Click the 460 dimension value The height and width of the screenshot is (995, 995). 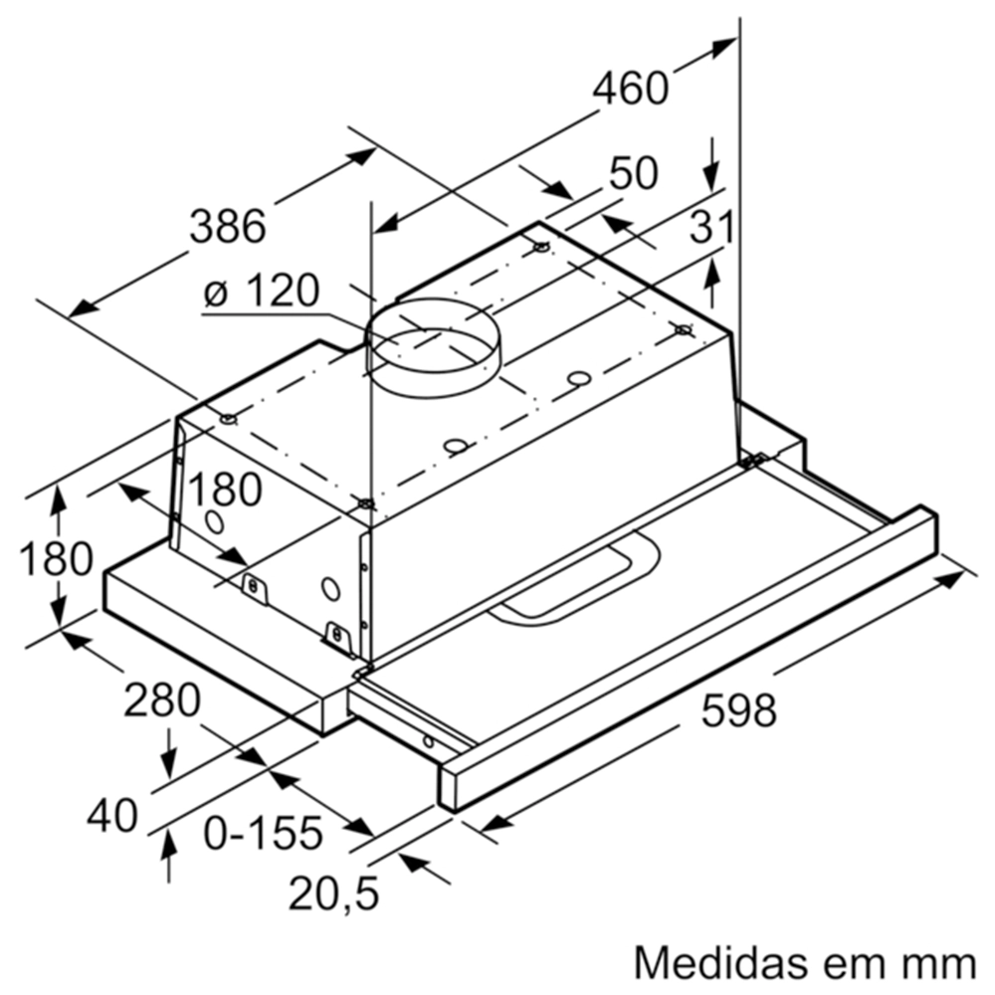(x=631, y=89)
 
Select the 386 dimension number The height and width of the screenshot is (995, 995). (x=229, y=227)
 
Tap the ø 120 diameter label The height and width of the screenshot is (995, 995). (x=260, y=292)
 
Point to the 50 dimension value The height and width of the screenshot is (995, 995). (x=634, y=173)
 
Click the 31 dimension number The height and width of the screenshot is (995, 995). (x=712, y=228)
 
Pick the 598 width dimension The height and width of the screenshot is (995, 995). (x=737, y=710)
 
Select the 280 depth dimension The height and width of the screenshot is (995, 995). (x=161, y=701)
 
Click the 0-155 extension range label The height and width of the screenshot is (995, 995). (x=263, y=832)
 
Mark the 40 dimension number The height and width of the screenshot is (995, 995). (x=111, y=817)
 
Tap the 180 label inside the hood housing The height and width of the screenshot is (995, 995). (x=224, y=491)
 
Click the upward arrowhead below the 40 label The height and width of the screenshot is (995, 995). (x=169, y=846)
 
